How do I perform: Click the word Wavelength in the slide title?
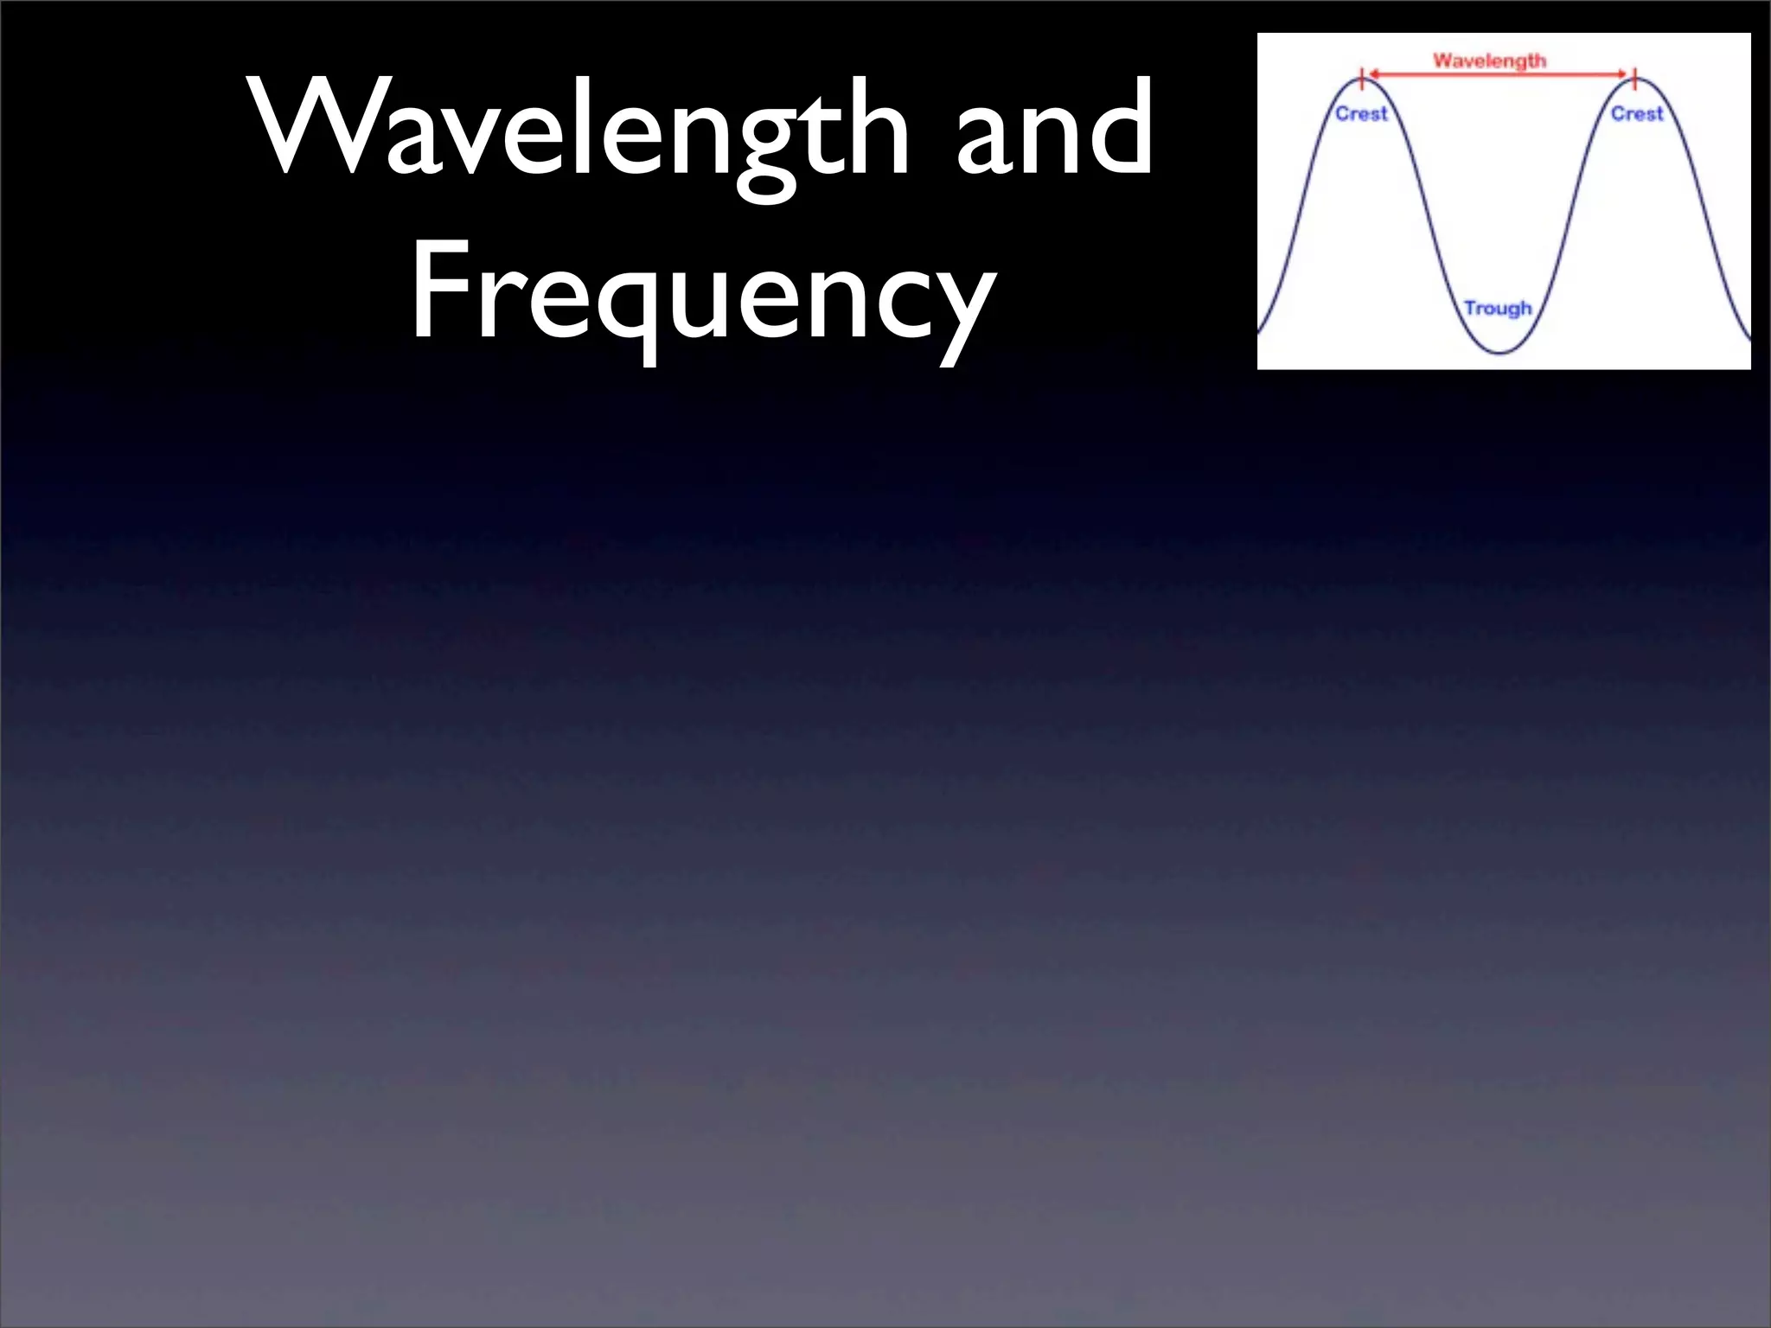click(579, 130)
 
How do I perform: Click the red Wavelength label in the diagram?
click(1489, 61)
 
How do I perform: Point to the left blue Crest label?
click(1361, 113)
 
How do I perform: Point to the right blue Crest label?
click(1636, 113)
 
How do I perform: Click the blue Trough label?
click(1498, 308)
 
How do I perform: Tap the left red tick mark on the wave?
click(1363, 79)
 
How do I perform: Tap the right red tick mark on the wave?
click(1634, 79)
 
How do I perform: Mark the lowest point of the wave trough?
click(1501, 353)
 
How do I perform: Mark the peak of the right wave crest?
click(1635, 80)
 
